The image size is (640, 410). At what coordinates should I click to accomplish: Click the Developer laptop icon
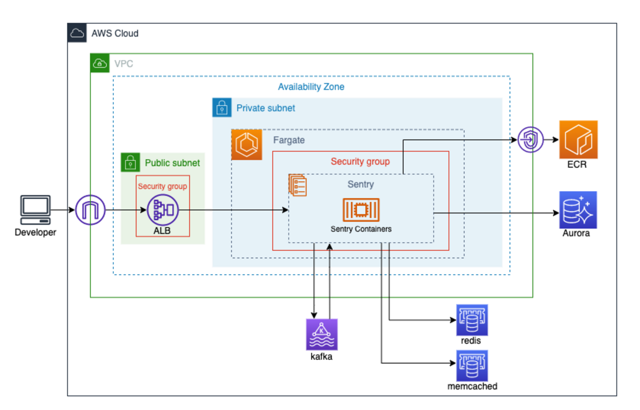pyautogui.click(x=35, y=211)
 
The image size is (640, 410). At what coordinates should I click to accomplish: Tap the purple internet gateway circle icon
pyautogui.click(x=91, y=210)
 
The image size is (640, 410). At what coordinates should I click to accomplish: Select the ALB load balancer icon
pyautogui.click(x=162, y=210)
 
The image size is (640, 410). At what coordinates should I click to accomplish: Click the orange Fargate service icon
pyautogui.click(x=247, y=145)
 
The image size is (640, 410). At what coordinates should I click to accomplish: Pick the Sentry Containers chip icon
pyautogui.click(x=361, y=210)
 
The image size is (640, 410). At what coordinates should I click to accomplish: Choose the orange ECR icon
pyautogui.click(x=578, y=140)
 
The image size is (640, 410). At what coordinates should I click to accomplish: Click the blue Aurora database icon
pyautogui.click(x=578, y=210)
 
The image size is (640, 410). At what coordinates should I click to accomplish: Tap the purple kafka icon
pyautogui.click(x=321, y=334)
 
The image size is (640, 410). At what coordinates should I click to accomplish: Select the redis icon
pyautogui.click(x=472, y=320)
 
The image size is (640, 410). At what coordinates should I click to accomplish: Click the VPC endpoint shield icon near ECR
pyautogui.click(x=531, y=140)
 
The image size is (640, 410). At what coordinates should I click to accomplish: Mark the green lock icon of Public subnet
pyautogui.click(x=130, y=162)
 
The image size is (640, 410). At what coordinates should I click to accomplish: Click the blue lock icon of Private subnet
pyautogui.click(x=222, y=107)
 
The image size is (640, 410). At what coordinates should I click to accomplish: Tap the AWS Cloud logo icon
pyautogui.click(x=77, y=33)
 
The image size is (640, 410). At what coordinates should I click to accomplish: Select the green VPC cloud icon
pyautogui.click(x=100, y=63)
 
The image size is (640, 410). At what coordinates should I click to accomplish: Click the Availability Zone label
pyautogui.click(x=311, y=87)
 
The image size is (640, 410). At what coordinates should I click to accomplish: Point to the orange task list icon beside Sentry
pyautogui.click(x=297, y=185)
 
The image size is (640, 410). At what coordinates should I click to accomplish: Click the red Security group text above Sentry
pyautogui.click(x=360, y=161)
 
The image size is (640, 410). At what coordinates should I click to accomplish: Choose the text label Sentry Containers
pyautogui.click(x=361, y=229)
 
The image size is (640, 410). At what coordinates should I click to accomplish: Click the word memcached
pyautogui.click(x=472, y=386)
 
